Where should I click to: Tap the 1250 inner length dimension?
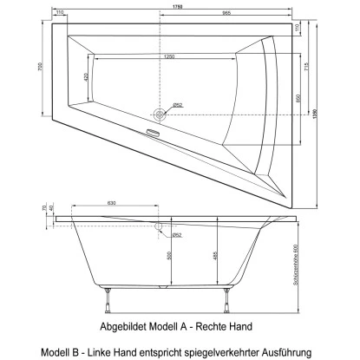167,57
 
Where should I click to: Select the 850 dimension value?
299,98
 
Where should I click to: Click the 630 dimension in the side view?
114,204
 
